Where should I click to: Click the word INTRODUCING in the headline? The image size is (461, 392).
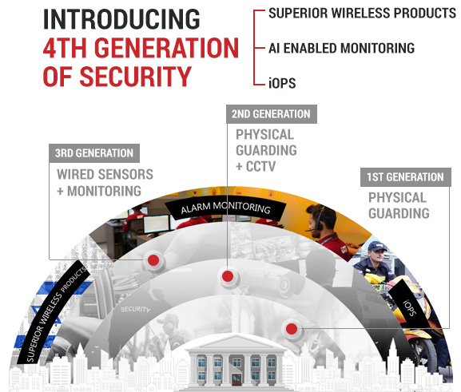[x=121, y=19]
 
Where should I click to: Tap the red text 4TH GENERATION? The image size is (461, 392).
[x=141, y=48]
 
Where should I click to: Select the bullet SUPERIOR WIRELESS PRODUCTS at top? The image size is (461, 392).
[x=362, y=14]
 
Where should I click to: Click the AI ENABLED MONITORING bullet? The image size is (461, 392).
[x=341, y=48]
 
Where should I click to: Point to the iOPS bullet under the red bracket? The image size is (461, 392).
[x=282, y=83]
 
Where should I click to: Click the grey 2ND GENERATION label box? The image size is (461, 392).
[x=272, y=114]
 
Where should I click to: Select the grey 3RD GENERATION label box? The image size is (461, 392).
[x=94, y=153]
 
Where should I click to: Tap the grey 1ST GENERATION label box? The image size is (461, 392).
[x=405, y=177]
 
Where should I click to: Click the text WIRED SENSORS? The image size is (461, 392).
[x=105, y=174]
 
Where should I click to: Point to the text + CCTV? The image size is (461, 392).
[x=256, y=167]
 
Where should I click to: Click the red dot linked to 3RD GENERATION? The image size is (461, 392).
[x=153, y=260]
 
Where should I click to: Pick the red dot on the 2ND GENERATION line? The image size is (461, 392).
[x=228, y=276]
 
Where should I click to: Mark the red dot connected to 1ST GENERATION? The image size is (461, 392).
[x=292, y=329]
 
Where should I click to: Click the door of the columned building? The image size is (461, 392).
[x=236, y=380]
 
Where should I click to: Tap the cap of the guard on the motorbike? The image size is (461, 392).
[x=377, y=246]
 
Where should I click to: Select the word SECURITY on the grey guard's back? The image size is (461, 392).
[x=135, y=309]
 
